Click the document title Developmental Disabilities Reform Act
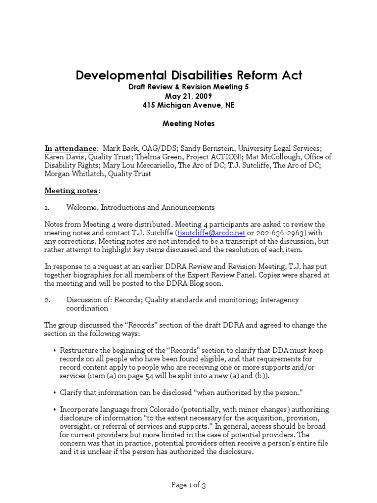pos(188,75)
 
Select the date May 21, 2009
pos(188,96)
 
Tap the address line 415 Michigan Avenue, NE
pos(188,106)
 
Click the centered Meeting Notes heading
pos(188,124)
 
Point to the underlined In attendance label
pos(70,148)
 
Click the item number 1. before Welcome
pos(48,207)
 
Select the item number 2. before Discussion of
pos(48,300)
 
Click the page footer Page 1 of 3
pos(188,485)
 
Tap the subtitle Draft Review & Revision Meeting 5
pos(188,87)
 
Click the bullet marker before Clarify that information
pos(54,392)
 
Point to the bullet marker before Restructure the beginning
pos(54,351)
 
